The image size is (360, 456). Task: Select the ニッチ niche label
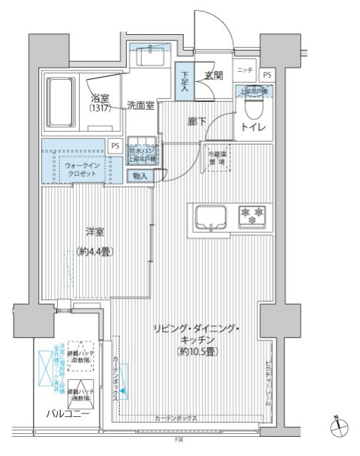[245, 71]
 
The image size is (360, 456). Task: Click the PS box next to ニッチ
[267, 74]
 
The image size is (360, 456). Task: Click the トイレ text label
[254, 128]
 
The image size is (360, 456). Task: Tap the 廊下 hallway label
[197, 122]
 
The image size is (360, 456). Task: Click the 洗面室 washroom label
[140, 105]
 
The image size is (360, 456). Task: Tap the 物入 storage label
[140, 176]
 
